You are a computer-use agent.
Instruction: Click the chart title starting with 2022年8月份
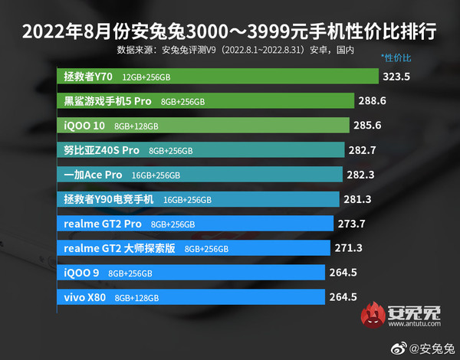[229, 33]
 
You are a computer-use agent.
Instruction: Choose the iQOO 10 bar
[203, 126]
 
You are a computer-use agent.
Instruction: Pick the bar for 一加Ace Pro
[200, 175]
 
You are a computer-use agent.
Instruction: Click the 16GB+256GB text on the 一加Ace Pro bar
[156, 175]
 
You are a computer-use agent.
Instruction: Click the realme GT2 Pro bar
[195, 224]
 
